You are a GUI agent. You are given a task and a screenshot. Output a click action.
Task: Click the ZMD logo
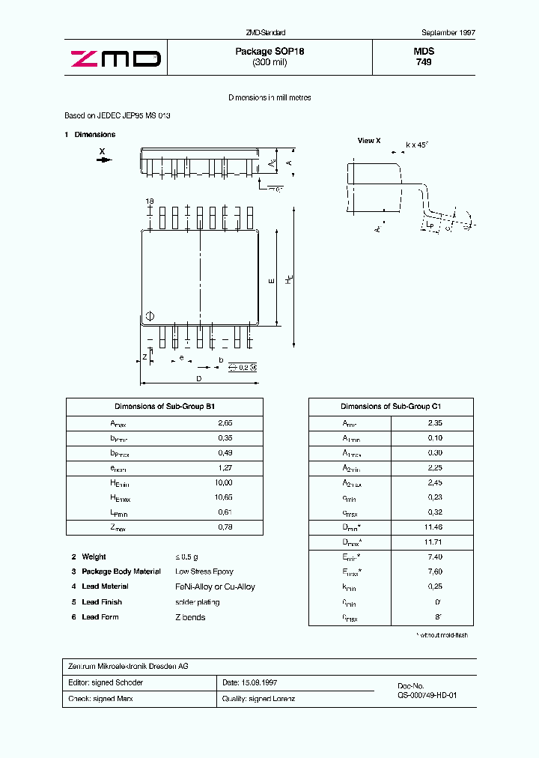115,58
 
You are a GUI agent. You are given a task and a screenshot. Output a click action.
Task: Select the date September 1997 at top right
448,33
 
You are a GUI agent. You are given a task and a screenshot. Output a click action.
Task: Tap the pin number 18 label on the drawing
149,201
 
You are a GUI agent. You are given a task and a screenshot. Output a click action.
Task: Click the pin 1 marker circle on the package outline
149,316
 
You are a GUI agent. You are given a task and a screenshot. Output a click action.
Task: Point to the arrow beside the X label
103,160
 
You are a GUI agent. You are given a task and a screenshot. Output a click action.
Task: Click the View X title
368,141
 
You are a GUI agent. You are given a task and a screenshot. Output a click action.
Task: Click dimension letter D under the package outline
198,379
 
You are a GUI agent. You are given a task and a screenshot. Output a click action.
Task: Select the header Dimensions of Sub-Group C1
391,406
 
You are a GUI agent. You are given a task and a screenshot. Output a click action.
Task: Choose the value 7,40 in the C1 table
434,557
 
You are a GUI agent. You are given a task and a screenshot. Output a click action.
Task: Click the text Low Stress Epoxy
204,571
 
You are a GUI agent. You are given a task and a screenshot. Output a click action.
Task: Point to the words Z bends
190,617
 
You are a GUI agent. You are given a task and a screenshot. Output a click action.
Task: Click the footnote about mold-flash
442,635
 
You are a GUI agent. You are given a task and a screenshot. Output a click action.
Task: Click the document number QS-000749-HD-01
427,695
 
